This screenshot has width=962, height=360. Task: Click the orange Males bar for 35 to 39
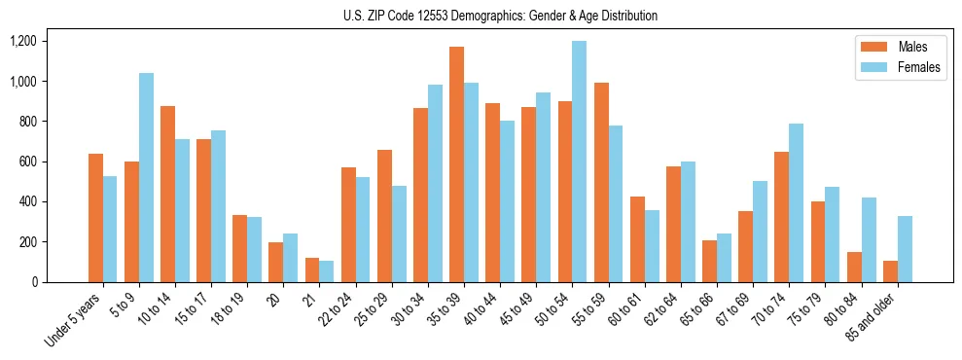(x=456, y=164)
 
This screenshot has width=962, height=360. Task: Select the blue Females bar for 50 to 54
(x=580, y=162)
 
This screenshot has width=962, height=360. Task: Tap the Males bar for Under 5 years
(x=95, y=218)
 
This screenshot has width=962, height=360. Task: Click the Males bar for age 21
(x=312, y=270)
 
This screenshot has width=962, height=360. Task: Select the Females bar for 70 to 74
(x=797, y=202)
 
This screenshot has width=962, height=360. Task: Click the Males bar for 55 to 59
(x=601, y=182)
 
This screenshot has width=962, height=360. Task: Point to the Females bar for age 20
(x=290, y=258)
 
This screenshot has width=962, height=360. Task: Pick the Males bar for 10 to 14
(x=167, y=194)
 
